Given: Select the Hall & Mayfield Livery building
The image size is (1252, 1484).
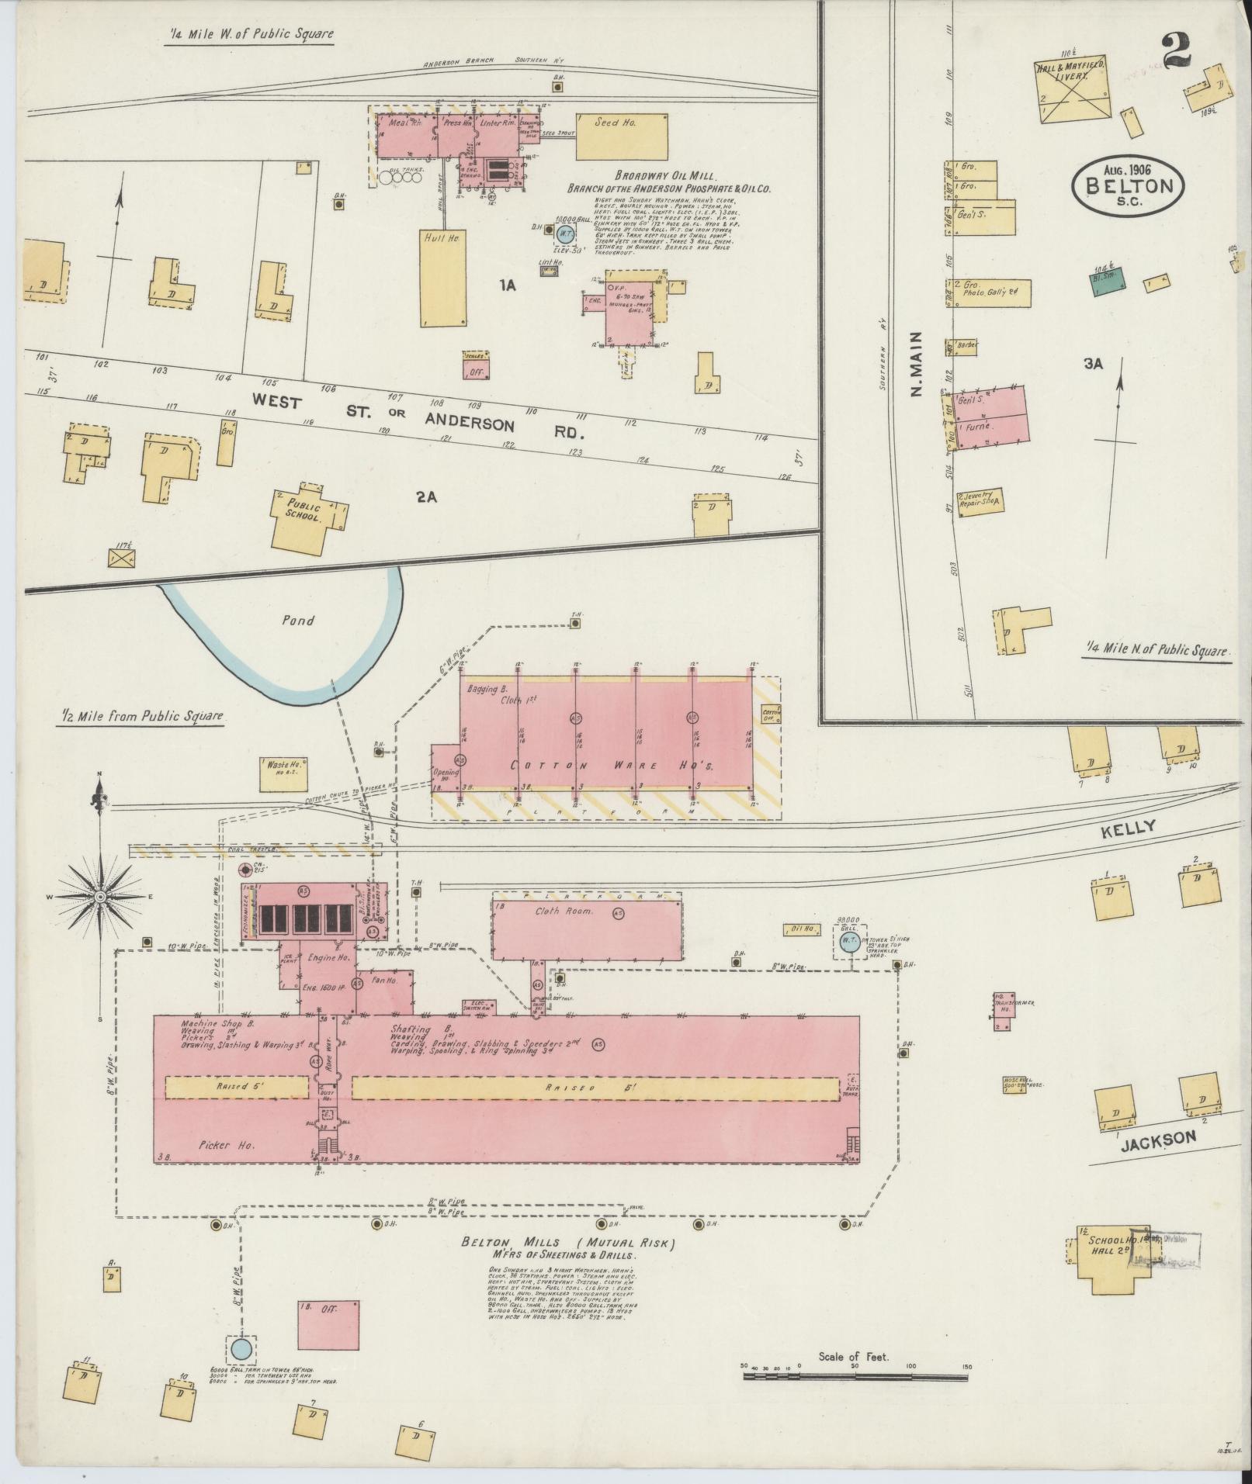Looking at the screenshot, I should pos(1074,89).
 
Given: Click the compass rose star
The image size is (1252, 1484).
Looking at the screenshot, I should pos(100,897).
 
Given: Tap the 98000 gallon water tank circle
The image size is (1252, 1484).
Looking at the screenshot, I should pos(848,943).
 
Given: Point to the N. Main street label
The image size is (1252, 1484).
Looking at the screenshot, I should pos(917,364).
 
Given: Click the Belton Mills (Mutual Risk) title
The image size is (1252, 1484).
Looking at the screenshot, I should pos(568,1243).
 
